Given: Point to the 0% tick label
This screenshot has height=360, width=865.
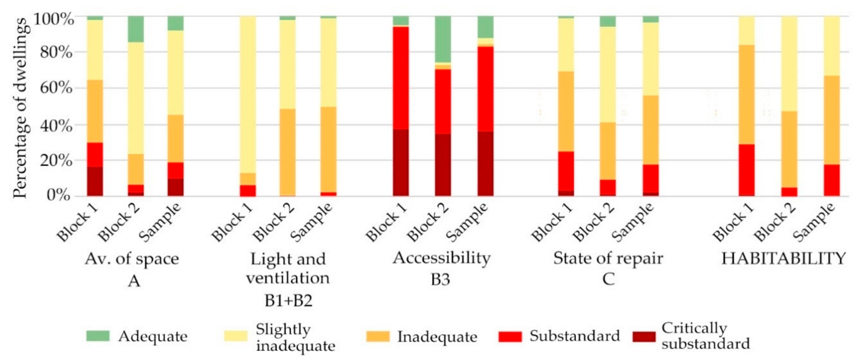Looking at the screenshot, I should coord(59,195).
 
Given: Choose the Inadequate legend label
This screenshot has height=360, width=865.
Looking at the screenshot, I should coord(437,337).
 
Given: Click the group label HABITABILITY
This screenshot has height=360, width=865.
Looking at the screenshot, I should coord(783,258).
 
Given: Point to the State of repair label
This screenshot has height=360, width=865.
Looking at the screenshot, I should coord(608,258).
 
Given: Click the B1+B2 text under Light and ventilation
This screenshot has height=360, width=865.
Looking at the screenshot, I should coord(288,300).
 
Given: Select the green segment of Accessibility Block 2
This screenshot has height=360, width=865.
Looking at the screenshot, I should coord(443,39).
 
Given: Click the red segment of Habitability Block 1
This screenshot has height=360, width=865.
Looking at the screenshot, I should coord(747,170).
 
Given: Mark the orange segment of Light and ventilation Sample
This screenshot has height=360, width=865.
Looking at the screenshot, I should coord(328,149).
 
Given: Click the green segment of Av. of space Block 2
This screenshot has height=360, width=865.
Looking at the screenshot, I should coord(136,29).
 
